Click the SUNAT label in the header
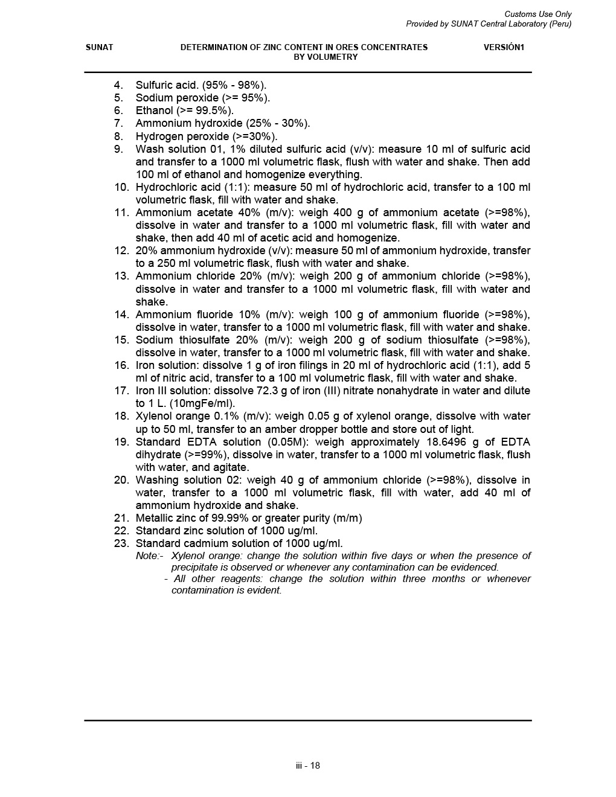tap(99, 47)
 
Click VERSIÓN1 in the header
tap(504, 47)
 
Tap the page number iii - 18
tap(308, 766)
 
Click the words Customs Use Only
tap(537, 14)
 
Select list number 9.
tap(118, 149)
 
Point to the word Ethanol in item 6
tap(154, 110)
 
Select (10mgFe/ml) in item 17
tap(202, 403)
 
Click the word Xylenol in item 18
tap(155, 416)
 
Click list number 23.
tap(121, 543)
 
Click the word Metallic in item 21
tap(155, 518)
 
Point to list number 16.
tap(121, 365)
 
